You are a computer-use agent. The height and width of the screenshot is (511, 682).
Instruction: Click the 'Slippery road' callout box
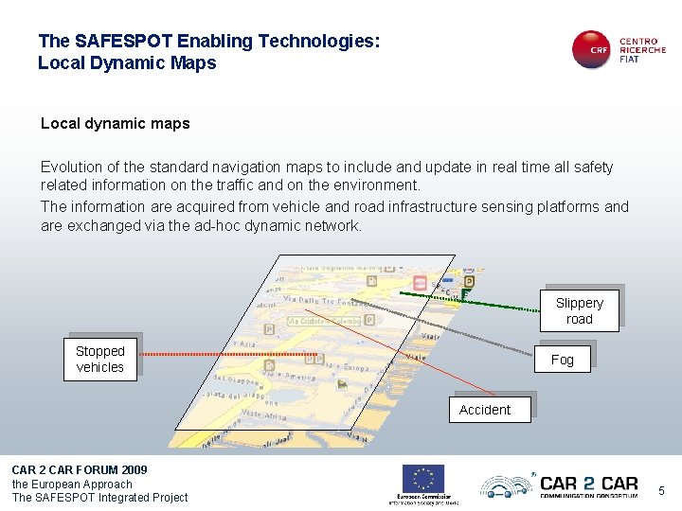tap(579, 310)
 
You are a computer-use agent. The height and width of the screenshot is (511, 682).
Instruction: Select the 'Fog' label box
tap(563, 360)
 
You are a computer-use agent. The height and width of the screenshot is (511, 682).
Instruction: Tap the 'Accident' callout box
tap(485, 410)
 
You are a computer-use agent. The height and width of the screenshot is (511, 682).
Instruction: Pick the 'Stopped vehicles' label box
tap(100, 359)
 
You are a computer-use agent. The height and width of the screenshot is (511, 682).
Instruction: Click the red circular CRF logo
tap(593, 49)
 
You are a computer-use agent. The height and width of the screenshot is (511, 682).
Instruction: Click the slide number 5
tap(661, 490)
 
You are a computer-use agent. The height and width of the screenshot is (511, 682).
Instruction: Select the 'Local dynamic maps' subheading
tap(116, 124)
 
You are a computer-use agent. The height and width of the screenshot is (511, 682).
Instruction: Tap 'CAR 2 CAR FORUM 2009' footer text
tap(80, 470)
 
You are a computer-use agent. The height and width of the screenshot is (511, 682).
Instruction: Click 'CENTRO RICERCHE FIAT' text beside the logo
tap(642, 50)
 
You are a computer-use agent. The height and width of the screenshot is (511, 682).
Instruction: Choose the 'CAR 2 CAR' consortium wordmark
tap(587, 484)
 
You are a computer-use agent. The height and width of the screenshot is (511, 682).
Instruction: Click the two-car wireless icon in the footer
tap(506, 486)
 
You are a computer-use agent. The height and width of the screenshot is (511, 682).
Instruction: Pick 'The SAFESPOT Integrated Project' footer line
tap(99, 498)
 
